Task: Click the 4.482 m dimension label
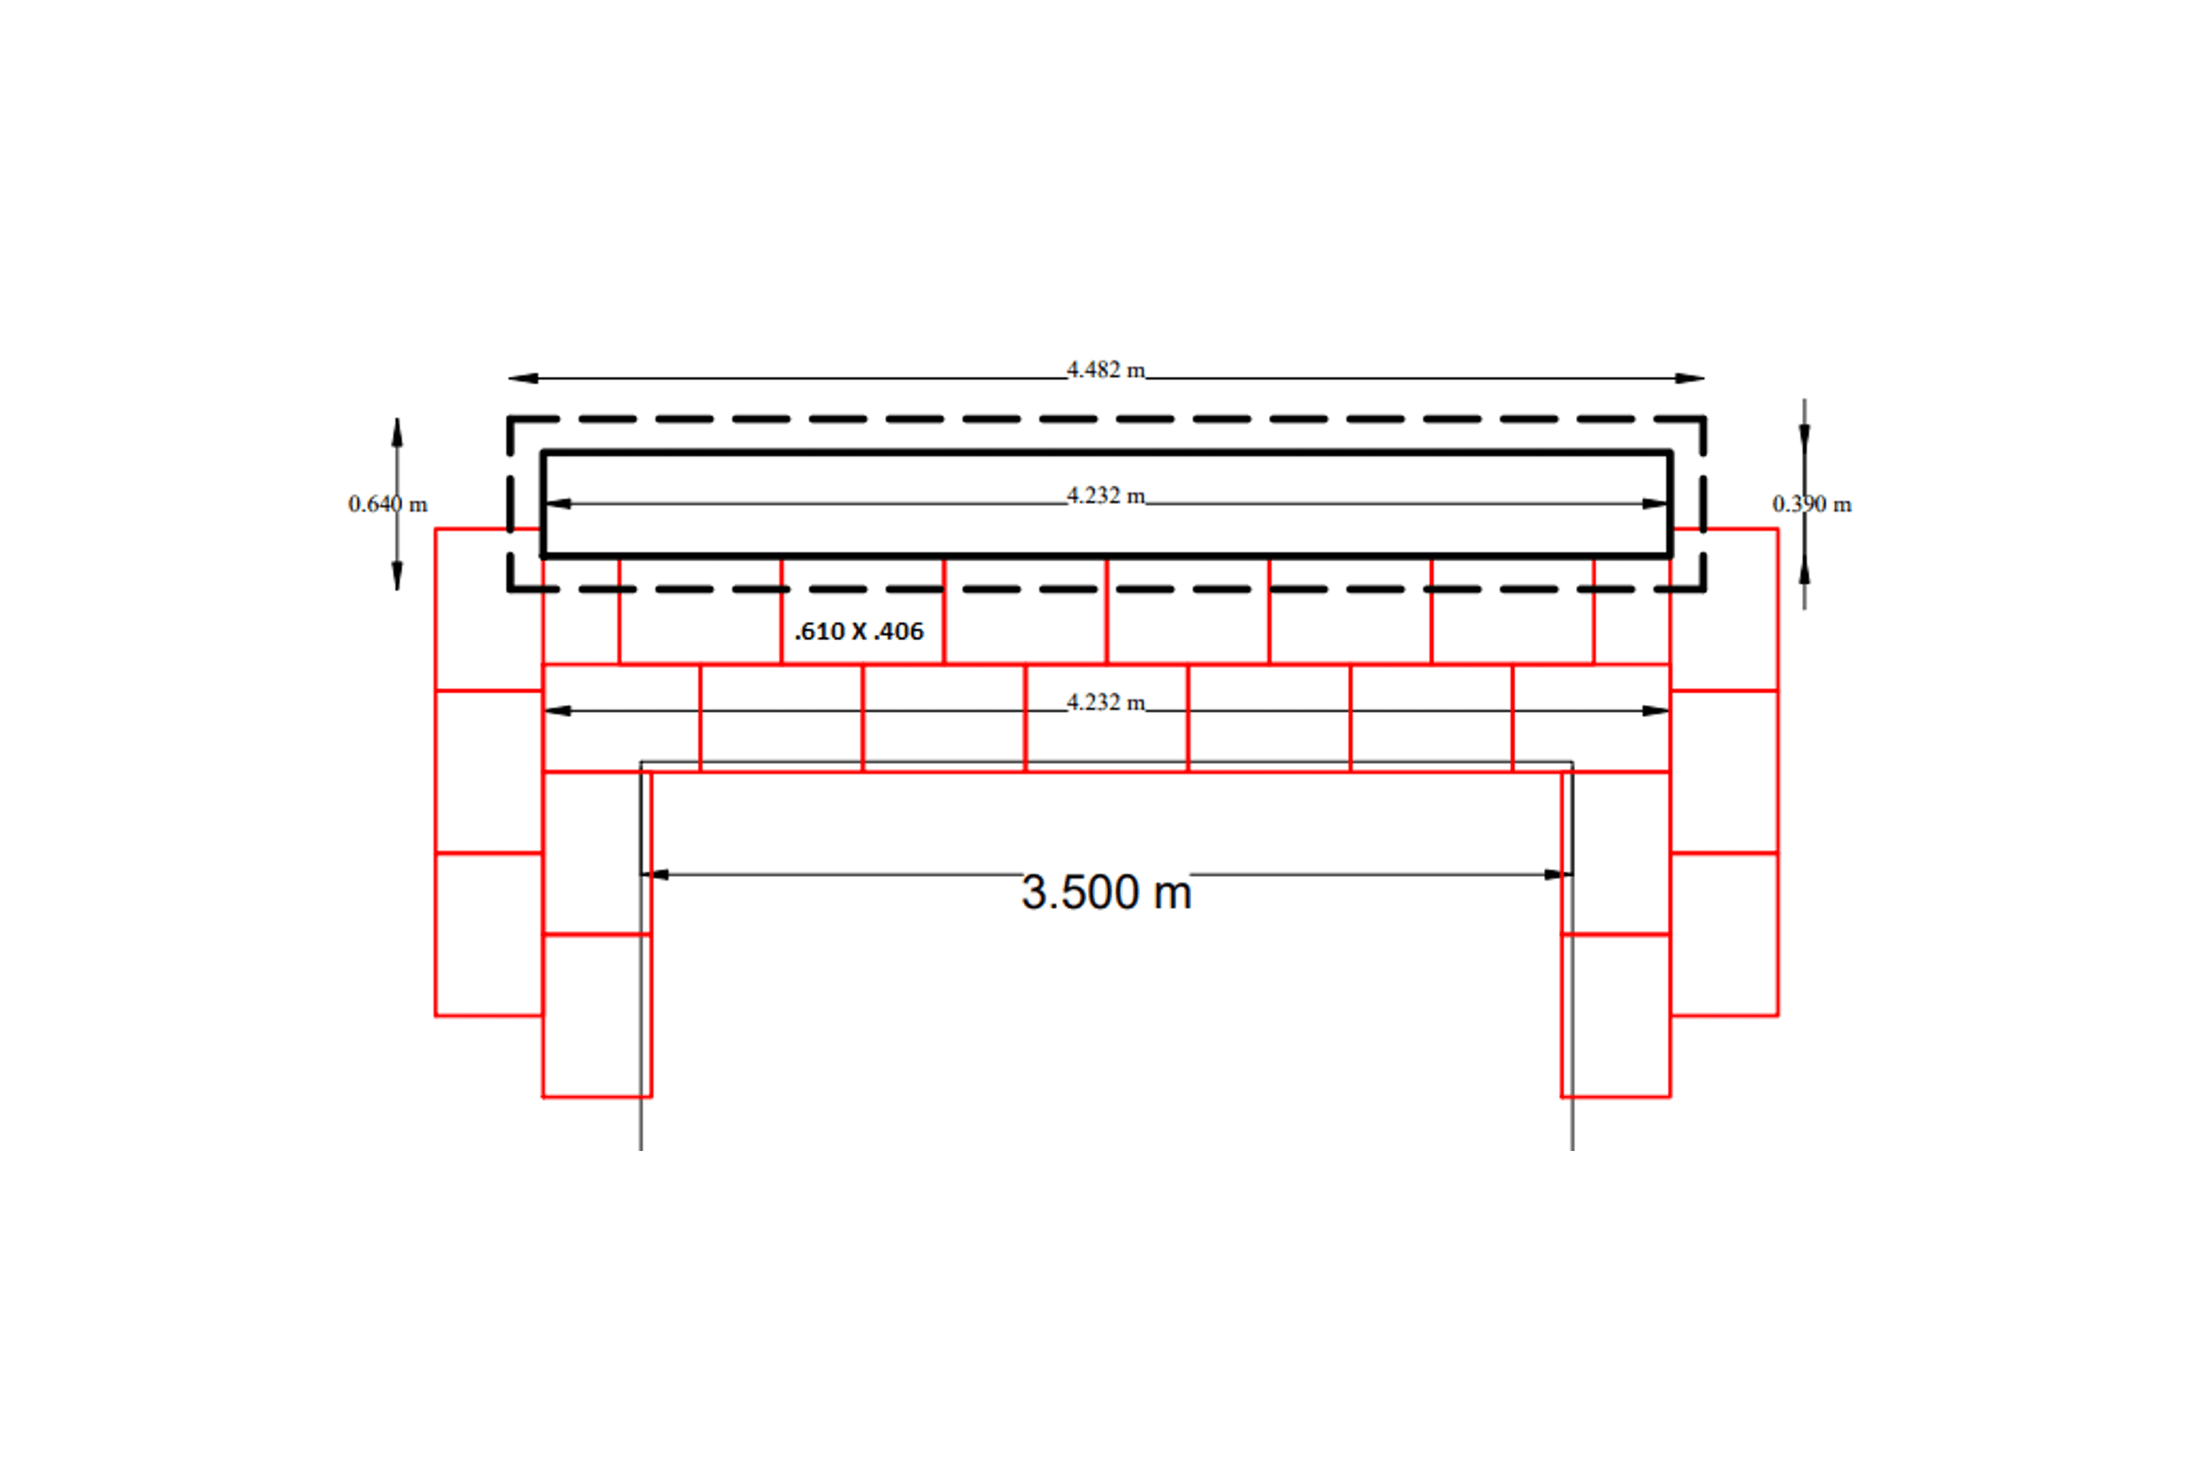1106,369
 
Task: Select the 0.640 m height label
388,504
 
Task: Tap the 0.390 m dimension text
1811,504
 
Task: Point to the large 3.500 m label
1106,892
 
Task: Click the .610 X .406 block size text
859,632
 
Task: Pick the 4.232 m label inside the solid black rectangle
1106,495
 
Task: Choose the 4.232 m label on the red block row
1106,702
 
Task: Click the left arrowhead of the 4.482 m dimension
522,378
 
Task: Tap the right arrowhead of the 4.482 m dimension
1690,378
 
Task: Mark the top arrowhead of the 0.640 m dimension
397,432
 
